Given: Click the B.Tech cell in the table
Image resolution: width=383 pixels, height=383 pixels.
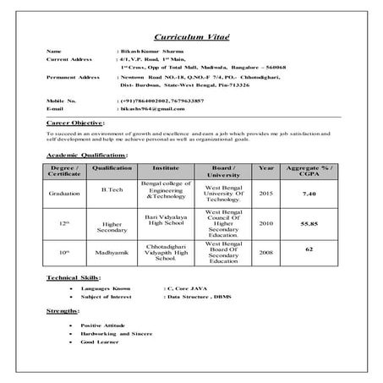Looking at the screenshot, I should [112, 190].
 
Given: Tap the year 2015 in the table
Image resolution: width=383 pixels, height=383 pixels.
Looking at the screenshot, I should [265, 194].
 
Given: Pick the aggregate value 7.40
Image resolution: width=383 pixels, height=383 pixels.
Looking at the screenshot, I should [309, 194].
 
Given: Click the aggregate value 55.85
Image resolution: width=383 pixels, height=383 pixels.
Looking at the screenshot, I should [309, 223].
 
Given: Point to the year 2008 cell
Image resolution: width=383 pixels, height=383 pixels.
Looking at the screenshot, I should [265, 252].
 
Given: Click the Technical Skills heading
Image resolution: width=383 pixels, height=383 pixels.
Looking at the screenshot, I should [74, 277].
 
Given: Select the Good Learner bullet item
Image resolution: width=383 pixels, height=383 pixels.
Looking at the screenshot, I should [98, 342].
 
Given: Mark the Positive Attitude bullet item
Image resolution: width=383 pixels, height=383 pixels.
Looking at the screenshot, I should [102, 326].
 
